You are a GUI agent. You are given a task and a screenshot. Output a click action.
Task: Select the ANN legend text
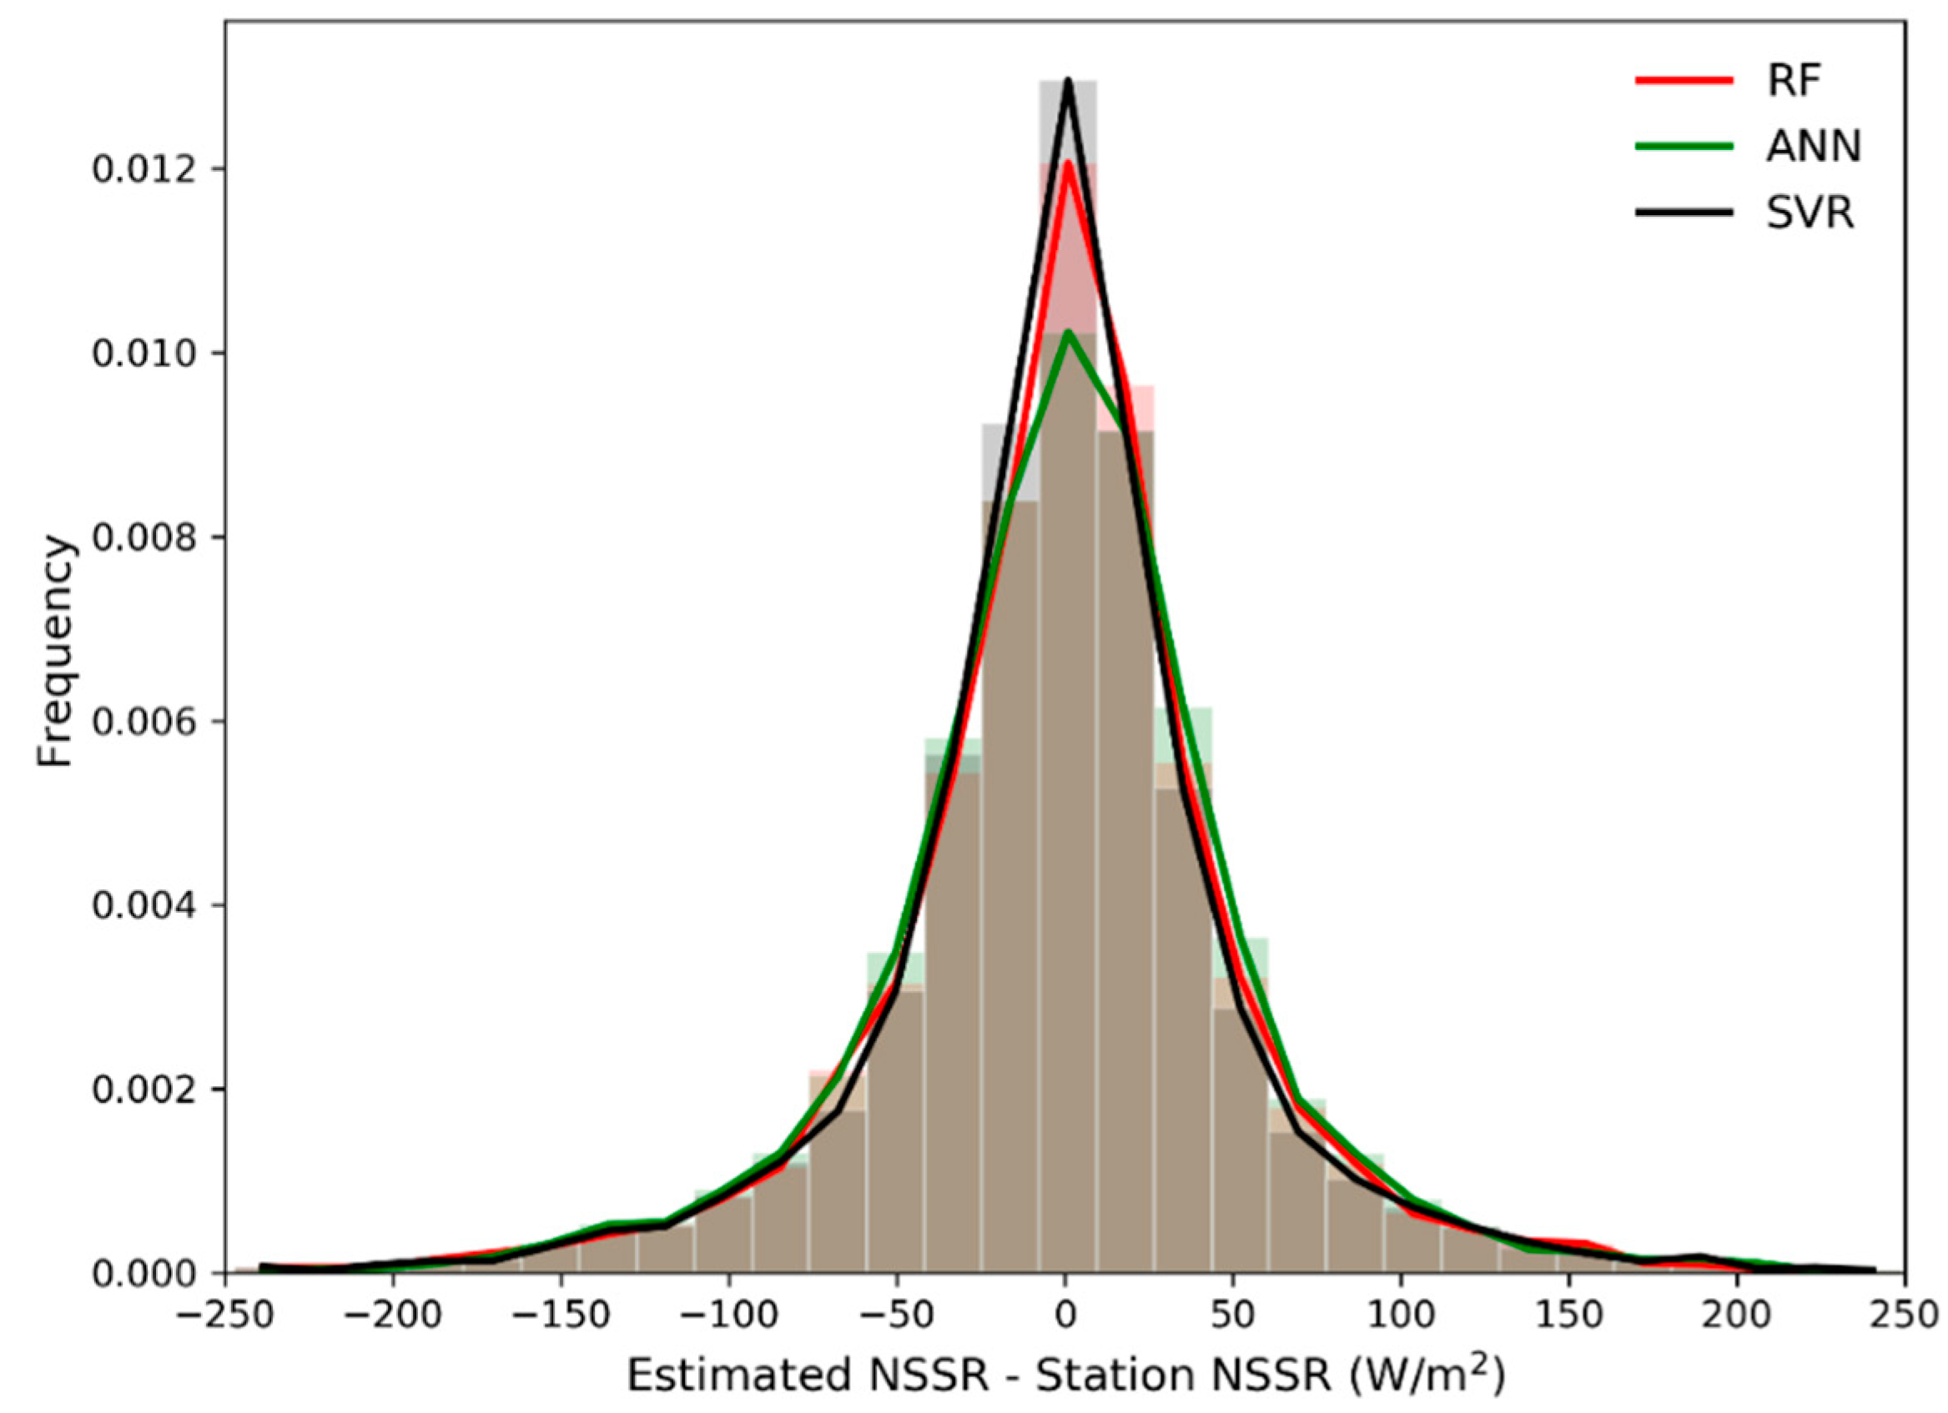click(1813, 148)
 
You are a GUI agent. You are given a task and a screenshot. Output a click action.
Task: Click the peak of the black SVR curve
click(1068, 105)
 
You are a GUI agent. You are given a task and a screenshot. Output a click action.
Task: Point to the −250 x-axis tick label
click(225, 1315)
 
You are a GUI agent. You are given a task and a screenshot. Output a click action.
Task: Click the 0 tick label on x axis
click(1065, 1315)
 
